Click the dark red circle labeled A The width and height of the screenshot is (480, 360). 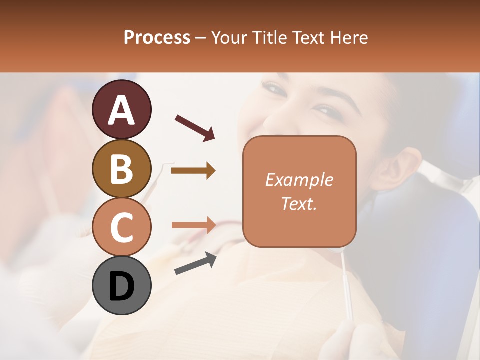pyautogui.click(x=121, y=109)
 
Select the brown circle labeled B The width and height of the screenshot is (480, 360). pyautogui.click(x=121, y=168)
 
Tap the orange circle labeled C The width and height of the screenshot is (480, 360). pyautogui.click(x=121, y=227)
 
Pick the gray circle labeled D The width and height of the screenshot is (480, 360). pyautogui.click(x=121, y=286)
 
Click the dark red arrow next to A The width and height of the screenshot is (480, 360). pyautogui.click(x=195, y=127)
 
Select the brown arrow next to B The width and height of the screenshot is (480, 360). pyautogui.click(x=193, y=171)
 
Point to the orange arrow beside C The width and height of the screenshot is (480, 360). pyautogui.click(x=193, y=225)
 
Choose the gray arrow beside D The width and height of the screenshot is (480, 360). pyautogui.click(x=195, y=263)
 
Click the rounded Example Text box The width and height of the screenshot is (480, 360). pyautogui.click(x=299, y=191)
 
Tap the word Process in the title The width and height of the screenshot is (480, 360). pyautogui.click(x=157, y=37)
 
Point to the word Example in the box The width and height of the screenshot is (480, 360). pyautogui.click(x=299, y=180)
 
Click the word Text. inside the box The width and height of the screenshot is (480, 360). pyautogui.click(x=299, y=203)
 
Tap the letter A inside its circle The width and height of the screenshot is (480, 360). pyautogui.click(x=121, y=110)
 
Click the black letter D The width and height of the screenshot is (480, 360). pyautogui.click(x=121, y=286)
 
